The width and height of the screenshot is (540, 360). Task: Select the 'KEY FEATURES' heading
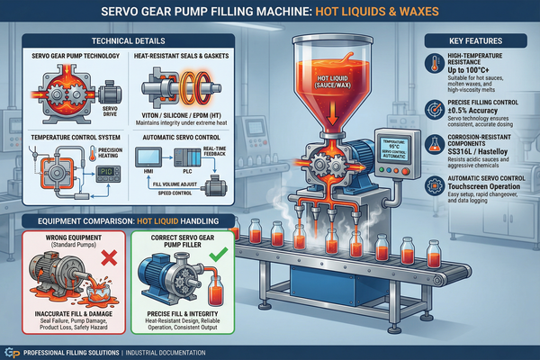pos(481,41)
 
